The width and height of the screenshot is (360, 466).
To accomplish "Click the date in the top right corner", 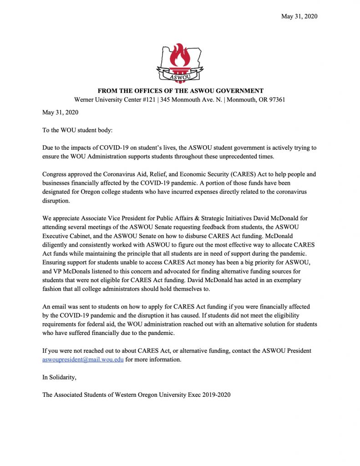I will point(299,16).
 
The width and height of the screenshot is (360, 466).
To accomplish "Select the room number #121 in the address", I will point(142,100).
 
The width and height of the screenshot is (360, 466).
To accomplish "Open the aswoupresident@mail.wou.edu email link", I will point(83,360).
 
